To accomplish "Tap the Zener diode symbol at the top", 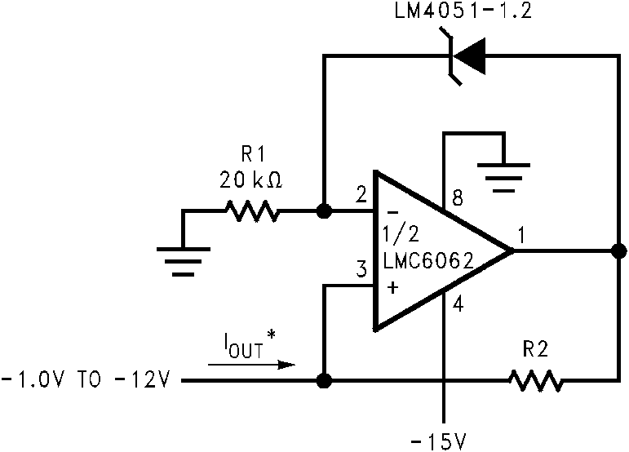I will pos(469,56).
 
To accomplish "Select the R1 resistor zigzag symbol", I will pos(252,211).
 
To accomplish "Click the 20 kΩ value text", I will pos(251,181).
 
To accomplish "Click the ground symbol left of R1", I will pos(183,253).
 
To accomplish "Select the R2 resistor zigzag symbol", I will pos(534,380).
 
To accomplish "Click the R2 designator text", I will pos(535,349).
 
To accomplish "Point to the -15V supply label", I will pos(441,441).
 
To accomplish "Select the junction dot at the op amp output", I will pos(618,251).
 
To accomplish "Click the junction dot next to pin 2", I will pos(324,212).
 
